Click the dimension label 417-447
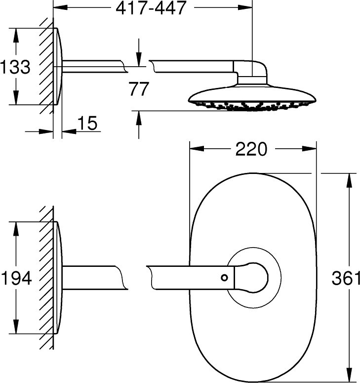151,8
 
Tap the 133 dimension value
15,67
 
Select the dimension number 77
139,89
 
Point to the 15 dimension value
87,123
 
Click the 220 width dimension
251,149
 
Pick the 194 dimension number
17,278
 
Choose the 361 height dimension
346,278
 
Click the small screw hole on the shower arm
224,278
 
